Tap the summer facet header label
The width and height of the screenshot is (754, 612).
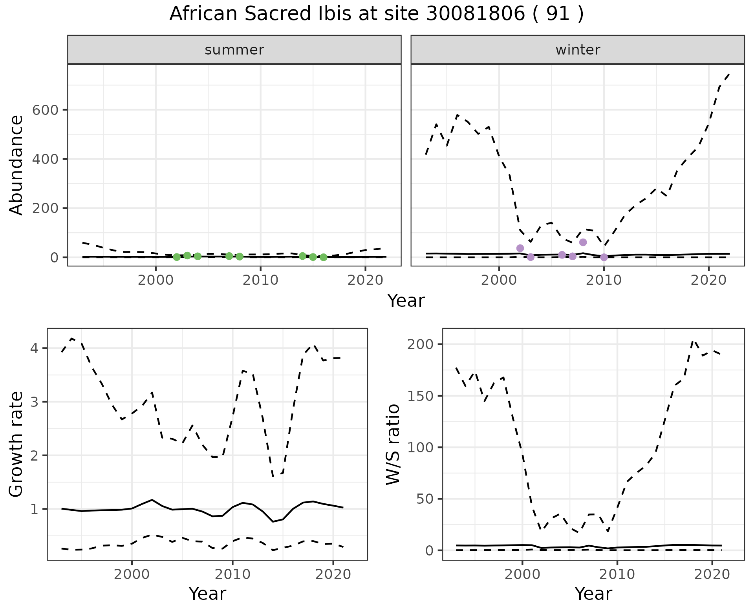(x=234, y=50)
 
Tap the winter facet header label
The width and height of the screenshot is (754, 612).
(x=578, y=50)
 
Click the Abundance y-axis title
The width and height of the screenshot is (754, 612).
(x=16, y=165)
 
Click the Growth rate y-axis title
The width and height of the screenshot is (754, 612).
(x=16, y=444)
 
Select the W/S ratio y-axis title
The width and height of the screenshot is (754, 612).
(x=393, y=444)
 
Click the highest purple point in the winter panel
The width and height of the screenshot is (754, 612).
(x=583, y=242)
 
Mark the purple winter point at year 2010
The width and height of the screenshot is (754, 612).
(x=604, y=257)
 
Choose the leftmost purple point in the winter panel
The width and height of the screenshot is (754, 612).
(x=520, y=248)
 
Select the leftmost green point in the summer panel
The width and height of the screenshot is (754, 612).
(x=177, y=257)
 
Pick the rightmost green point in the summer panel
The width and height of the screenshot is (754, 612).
(x=323, y=257)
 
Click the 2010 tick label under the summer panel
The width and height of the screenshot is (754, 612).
(x=260, y=280)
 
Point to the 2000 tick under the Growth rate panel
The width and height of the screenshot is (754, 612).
(x=132, y=574)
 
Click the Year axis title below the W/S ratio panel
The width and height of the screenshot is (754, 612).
(x=593, y=594)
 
